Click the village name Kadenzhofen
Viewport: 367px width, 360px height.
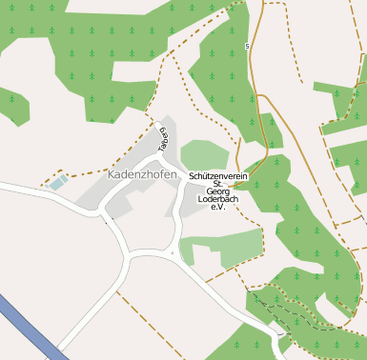pyautogui.click(x=142, y=175)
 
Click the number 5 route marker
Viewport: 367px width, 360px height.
pyautogui.click(x=246, y=47)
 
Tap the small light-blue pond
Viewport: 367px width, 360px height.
pyautogui.click(x=58, y=181)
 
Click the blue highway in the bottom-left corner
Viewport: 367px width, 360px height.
pyautogui.click(x=29, y=330)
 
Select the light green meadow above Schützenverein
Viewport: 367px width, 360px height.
pyautogui.click(x=205, y=154)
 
